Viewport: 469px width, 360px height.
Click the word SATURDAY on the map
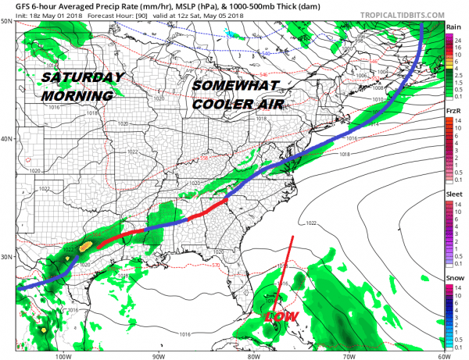pos(82,77)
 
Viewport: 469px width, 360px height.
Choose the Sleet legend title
pos(453,198)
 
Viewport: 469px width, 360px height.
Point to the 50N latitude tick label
pos(7,20)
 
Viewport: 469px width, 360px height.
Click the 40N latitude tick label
pos(7,139)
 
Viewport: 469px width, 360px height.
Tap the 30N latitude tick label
pos(7,257)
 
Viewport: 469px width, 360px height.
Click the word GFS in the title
pos(23,5)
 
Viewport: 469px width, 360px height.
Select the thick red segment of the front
pos(156,227)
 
